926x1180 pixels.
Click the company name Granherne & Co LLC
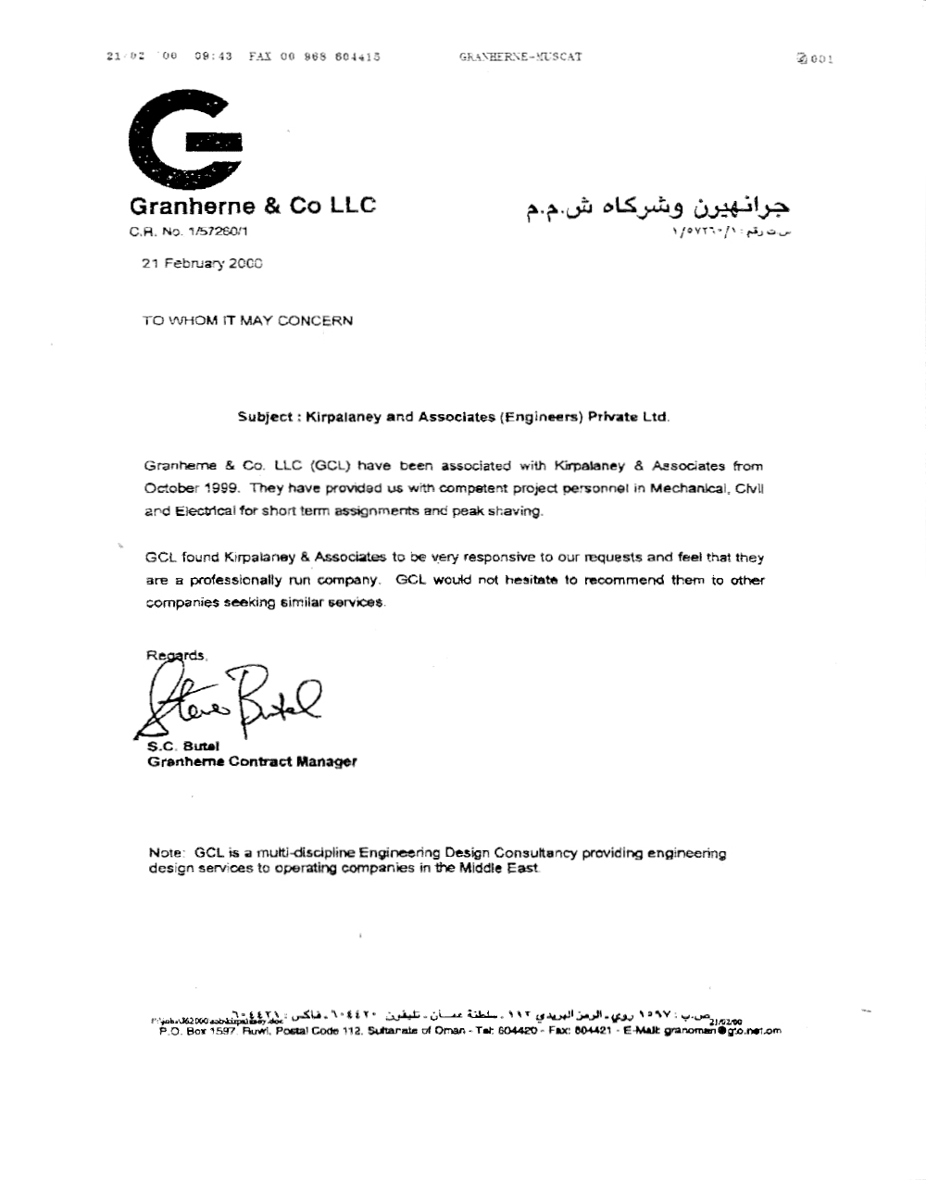click(253, 206)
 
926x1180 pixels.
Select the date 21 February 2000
click(202, 264)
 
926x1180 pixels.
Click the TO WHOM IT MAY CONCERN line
click(247, 320)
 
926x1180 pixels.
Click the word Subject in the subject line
click(264, 417)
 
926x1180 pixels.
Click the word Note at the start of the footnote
click(167, 852)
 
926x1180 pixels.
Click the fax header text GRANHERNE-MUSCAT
click(520, 56)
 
